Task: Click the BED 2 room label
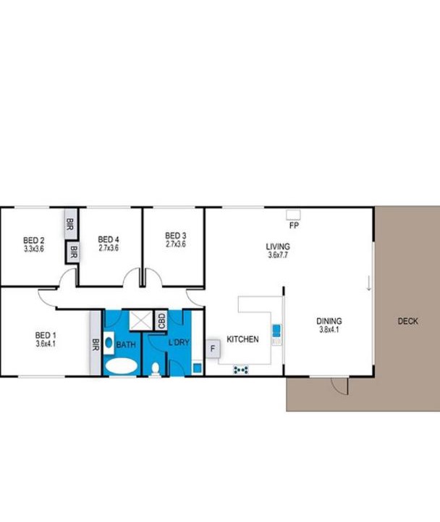pos(34,240)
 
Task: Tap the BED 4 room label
pos(109,239)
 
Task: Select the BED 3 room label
pos(175,236)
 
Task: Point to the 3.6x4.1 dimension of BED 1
pos(46,344)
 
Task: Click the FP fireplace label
pos(294,225)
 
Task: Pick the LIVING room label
pos(278,246)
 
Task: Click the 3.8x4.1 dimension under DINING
pos(329,330)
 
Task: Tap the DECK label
pos(407,321)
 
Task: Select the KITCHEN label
pos(242,339)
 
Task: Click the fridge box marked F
pos(213,349)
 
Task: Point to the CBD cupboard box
pos(161,320)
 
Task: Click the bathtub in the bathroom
pos(122,366)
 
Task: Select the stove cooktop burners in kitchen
pos(241,370)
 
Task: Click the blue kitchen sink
pos(277,331)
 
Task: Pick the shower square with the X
pos(141,320)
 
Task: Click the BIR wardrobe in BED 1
pos(96,343)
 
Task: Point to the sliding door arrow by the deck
pos(368,283)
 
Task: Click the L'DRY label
pos(179,342)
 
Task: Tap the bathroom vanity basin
pos(109,342)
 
